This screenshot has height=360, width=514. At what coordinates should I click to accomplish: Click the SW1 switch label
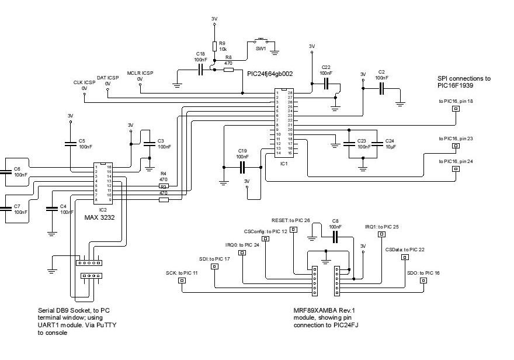coord(261,49)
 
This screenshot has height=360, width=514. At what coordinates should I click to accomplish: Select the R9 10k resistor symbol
coord(214,46)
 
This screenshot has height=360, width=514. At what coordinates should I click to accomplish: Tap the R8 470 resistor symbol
coord(228,69)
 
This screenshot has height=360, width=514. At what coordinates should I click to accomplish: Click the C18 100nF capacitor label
coord(201,57)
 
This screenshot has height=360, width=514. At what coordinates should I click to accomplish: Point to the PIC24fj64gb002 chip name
coord(270,74)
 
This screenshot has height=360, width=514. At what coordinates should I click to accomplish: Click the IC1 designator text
coord(285,164)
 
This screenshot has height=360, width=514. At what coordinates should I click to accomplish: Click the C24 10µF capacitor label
coord(390,144)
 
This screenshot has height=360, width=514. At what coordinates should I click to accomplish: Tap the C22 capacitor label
coord(326,70)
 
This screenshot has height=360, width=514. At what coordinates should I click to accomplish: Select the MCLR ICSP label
coord(140,74)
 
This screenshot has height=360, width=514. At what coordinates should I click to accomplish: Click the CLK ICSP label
coord(84,83)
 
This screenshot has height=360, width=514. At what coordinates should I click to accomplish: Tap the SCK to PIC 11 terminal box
coord(182,281)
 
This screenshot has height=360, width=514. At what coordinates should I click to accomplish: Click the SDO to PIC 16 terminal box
coord(423,281)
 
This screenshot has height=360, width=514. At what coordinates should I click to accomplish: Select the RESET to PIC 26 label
coord(291,220)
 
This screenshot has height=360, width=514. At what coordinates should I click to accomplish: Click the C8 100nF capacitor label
coord(335,224)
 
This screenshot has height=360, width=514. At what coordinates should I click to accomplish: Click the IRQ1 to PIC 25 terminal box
coord(381,234)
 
